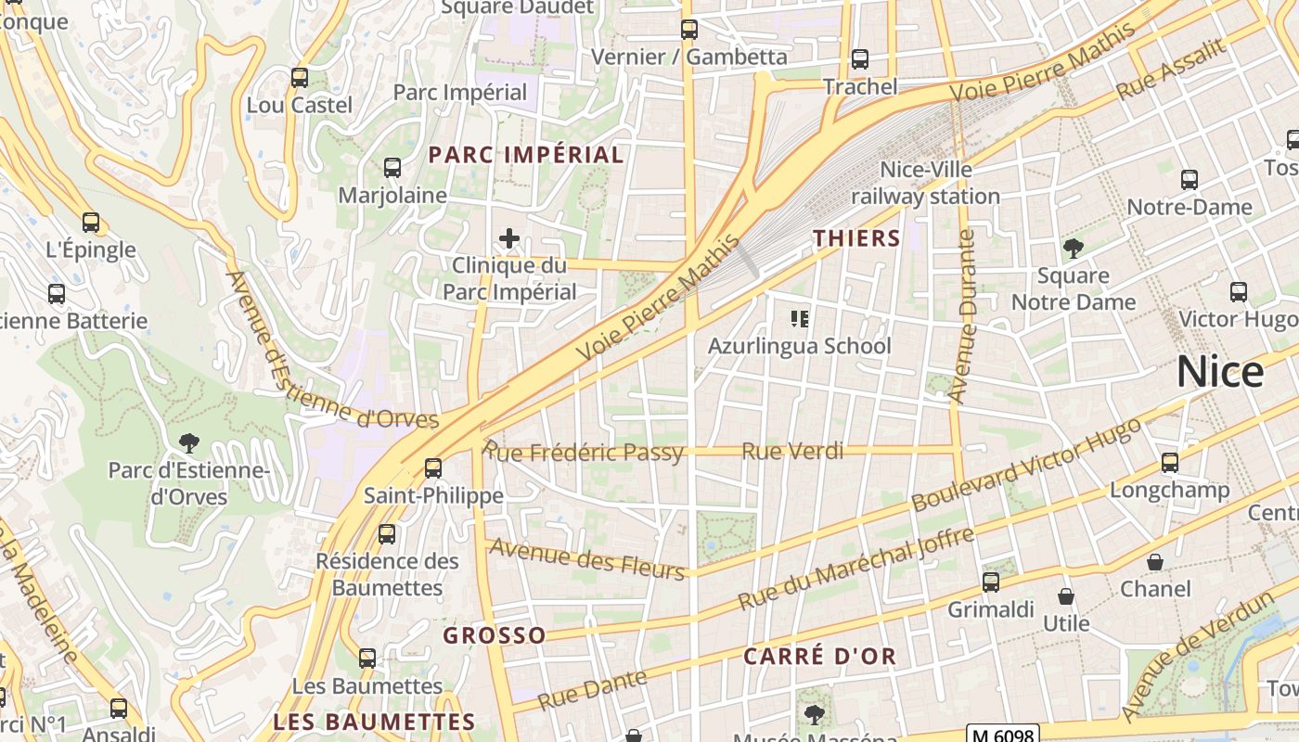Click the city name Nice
(x=1219, y=372)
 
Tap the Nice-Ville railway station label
(x=925, y=183)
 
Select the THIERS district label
(x=856, y=238)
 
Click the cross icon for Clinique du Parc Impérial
(x=508, y=238)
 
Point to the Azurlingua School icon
(x=799, y=319)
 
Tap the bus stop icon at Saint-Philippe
(x=433, y=467)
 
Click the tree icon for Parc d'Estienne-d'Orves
(x=189, y=442)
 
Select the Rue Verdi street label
(x=793, y=451)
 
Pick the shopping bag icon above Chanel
(x=1155, y=562)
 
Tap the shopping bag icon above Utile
(x=1066, y=595)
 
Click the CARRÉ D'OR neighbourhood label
(x=819, y=657)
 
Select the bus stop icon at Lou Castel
(x=299, y=78)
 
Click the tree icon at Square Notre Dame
(x=1074, y=248)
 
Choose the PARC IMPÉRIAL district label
(x=525, y=155)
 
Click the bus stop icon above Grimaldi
(x=990, y=582)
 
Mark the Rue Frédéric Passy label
(x=585, y=452)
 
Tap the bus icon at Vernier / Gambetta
(x=688, y=30)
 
